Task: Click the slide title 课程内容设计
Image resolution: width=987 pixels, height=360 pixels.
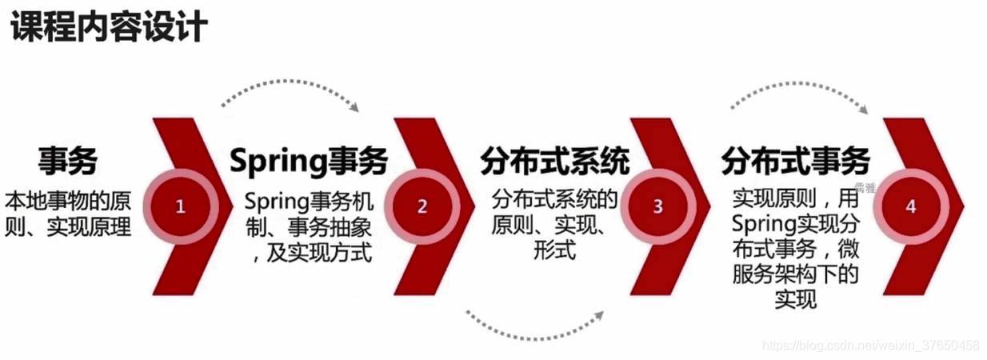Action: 108,30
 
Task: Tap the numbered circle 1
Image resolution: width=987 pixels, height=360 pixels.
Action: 181,206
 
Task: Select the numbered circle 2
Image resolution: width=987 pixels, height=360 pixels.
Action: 422,206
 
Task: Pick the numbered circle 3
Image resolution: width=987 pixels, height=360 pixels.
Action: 657,206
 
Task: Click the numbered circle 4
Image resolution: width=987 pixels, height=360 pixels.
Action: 909,206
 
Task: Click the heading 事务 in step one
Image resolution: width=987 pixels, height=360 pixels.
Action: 67,162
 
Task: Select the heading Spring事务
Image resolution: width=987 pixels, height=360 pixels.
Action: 309,162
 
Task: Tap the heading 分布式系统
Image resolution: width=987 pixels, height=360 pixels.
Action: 554,162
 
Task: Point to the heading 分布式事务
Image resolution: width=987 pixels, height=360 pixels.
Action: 795,162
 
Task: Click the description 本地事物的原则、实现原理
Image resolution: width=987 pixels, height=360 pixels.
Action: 67,213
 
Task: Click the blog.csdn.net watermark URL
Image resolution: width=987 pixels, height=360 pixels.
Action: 871,346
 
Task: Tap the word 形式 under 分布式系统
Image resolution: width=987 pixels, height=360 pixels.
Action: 554,250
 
